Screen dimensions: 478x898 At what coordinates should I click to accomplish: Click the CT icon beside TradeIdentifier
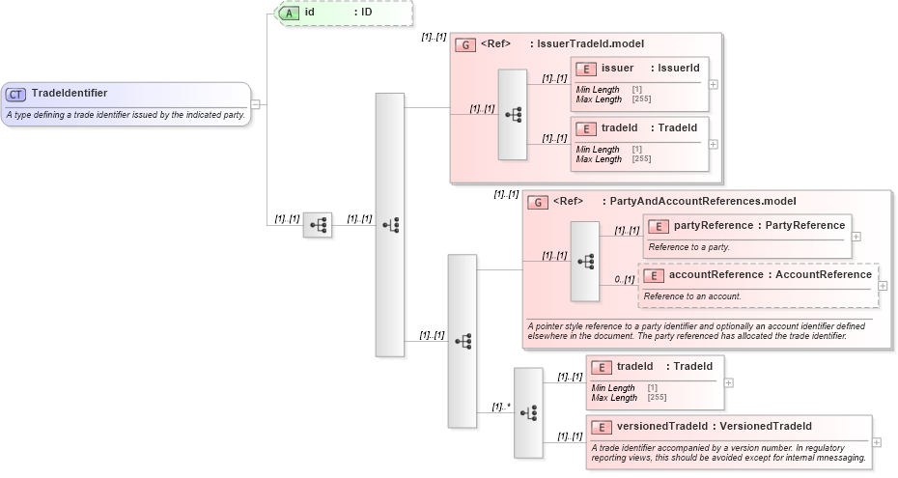pyautogui.click(x=16, y=94)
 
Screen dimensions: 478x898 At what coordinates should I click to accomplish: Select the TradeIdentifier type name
pyautogui.click(x=70, y=94)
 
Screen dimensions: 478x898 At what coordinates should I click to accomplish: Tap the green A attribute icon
pyautogui.click(x=288, y=14)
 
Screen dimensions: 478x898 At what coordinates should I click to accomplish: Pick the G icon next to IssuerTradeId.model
pyautogui.click(x=465, y=44)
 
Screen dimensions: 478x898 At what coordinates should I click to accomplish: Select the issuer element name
pyautogui.click(x=617, y=68)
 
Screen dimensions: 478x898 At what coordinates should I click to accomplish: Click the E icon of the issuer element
pyautogui.click(x=585, y=69)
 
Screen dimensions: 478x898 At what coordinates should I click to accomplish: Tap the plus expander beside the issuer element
pyautogui.click(x=714, y=84)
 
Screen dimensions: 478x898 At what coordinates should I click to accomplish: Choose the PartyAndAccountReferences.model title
pyautogui.click(x=702, y=202)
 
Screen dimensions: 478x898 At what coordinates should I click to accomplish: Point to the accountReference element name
pyautogui.click(x=716, y=274)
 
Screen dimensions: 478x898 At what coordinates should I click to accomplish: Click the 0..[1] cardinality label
pyautogui.click(x=625, y=279)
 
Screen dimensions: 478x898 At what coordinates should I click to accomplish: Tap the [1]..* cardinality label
pyautogui.click(x=501, y=407)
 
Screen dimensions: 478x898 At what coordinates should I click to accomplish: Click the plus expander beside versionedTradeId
pyautogui.click(x=876, y=442)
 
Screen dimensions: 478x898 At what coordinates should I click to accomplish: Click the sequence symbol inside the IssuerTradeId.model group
pyautogui.click(x=513, y=114)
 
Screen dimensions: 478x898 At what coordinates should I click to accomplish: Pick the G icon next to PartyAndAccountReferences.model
pyautogui.click(x=538, y=203)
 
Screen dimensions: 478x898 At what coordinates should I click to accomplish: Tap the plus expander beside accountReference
pyautogui.click(x=883, y=286)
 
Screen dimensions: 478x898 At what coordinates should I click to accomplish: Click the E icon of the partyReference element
pyautogui.click(x=659, y=226)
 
